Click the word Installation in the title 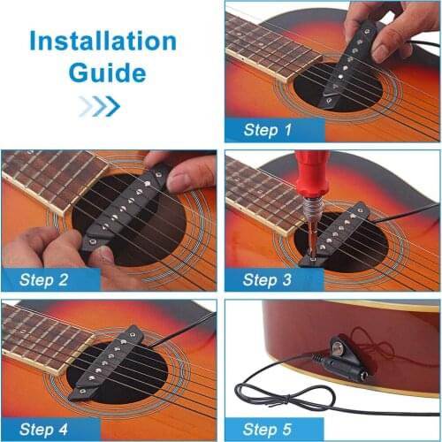[104, 41]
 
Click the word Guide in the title [104, 72]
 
